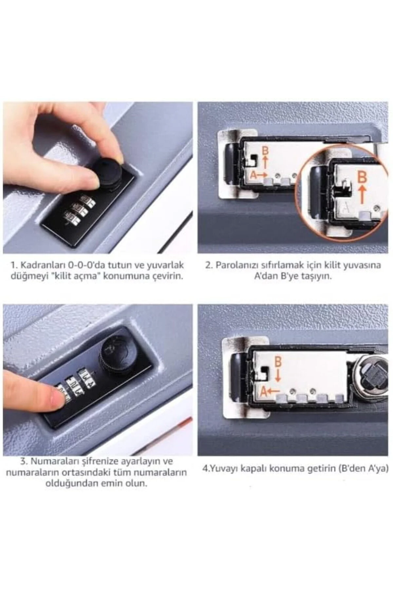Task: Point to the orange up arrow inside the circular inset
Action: coord(362,194)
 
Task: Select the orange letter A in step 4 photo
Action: coord(263,391)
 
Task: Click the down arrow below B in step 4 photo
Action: coord(278,375)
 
